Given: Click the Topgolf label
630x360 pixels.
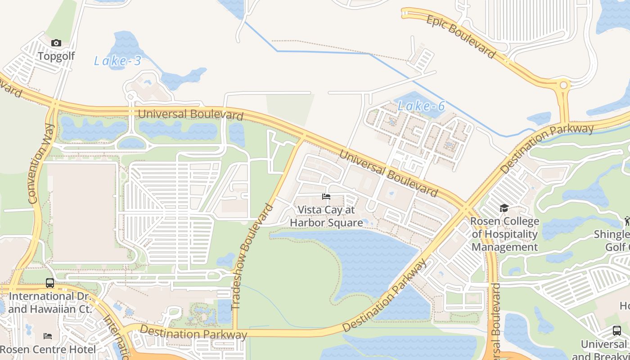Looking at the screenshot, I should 56,56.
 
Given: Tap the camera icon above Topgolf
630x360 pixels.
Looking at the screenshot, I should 56,43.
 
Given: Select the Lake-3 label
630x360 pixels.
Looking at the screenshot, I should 117,61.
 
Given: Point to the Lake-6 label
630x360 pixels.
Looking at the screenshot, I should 421,106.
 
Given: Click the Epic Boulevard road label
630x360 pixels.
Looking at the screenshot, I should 461,36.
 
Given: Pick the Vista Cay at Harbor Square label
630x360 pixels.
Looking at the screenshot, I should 326,216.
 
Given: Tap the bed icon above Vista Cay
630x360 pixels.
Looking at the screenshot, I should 326,197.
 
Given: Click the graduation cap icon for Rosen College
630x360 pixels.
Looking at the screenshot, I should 504,208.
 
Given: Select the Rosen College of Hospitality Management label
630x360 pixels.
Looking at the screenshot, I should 504,234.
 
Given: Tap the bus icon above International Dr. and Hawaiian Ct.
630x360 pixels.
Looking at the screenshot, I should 50,283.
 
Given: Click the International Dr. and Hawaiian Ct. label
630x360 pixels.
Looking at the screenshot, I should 50,303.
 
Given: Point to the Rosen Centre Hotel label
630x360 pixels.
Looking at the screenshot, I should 48,350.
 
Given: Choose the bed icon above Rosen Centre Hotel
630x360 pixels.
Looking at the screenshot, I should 48,336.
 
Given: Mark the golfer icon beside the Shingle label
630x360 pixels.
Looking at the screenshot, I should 627,221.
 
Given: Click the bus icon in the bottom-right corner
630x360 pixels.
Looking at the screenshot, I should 617,331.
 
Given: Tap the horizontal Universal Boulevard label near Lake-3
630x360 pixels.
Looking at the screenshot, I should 190,114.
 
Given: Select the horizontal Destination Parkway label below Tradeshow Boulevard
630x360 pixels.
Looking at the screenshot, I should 193,333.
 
